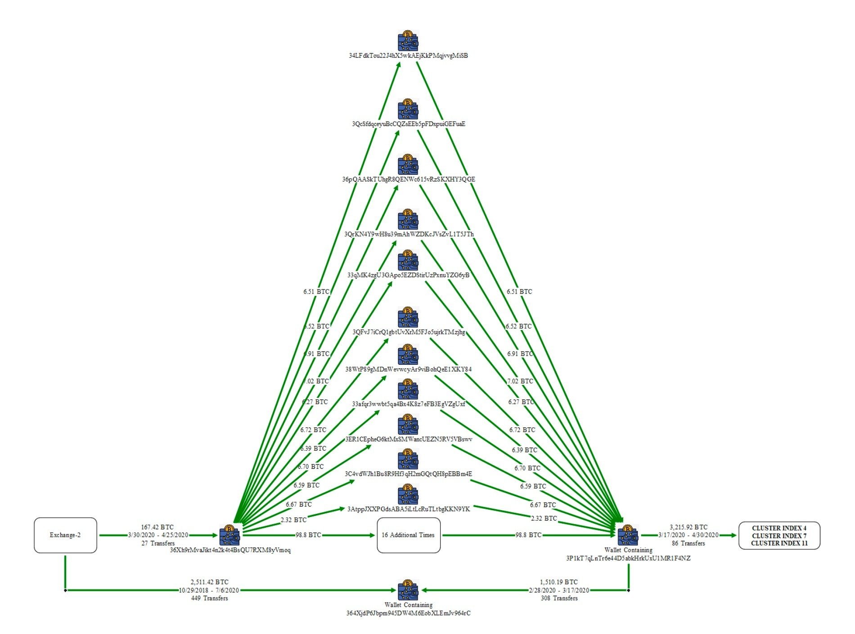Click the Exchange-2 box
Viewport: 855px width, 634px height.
(65, 535)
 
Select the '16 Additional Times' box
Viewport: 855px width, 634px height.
(408, 535)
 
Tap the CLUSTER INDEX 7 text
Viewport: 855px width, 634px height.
(779, 536)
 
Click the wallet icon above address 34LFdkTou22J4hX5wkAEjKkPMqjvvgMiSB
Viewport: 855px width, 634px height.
(408, 41)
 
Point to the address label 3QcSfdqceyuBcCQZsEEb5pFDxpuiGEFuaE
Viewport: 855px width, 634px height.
(408, 124)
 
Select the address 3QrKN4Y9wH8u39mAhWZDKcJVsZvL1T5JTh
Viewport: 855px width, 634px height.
(409, 234)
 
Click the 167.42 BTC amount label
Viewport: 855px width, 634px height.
(157, 527)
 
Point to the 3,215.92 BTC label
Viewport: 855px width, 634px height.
(688, 527)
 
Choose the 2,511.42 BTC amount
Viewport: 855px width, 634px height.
(209, 582)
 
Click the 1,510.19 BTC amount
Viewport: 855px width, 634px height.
(558, 582)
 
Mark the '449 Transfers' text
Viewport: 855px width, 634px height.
(209, 598)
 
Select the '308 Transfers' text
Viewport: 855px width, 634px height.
(559, 598)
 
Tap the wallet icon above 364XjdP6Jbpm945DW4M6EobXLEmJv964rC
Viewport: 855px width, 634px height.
(408, 590)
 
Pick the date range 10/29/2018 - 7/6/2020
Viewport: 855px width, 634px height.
(209, 590)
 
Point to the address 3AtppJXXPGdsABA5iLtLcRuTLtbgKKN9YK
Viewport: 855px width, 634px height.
(408, 509)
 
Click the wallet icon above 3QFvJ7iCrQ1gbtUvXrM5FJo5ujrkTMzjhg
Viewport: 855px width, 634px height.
(408, 318)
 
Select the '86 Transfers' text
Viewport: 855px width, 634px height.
(688, 543)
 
